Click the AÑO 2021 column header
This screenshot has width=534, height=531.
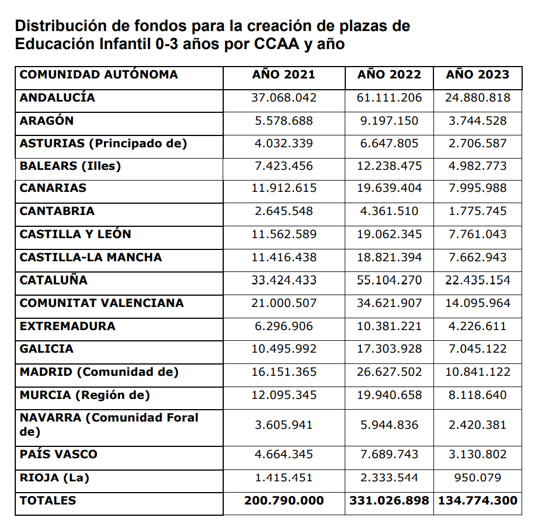284,74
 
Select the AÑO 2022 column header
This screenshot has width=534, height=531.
389,74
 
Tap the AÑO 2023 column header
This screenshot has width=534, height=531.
477,74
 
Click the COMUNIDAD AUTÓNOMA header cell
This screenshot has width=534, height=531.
99,74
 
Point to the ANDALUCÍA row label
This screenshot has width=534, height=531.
58,98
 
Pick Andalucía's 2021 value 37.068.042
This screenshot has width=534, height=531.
284,98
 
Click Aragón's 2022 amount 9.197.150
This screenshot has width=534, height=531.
389,121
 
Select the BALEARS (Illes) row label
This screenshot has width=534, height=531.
71,166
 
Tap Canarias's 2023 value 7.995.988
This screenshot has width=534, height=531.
477,188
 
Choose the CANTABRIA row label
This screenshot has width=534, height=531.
57,211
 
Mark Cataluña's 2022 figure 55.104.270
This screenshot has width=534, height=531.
389,280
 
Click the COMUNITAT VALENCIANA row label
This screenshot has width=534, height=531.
102,303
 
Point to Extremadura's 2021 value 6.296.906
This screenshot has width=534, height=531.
284,326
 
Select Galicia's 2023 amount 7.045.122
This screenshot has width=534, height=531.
477,349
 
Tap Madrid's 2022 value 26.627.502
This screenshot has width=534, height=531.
389,372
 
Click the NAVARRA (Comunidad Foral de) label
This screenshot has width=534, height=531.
109,424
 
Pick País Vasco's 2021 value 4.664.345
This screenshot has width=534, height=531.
284,454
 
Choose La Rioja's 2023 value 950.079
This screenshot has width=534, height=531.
477,477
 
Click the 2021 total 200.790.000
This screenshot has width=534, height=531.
284,501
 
